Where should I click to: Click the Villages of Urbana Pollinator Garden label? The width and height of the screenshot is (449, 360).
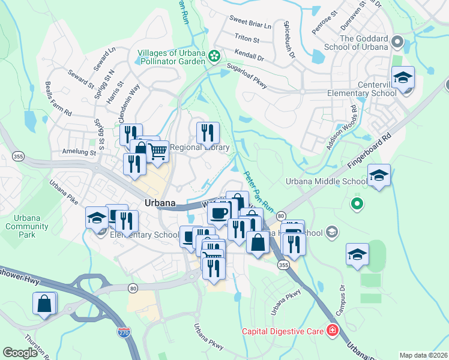tap(172, 57)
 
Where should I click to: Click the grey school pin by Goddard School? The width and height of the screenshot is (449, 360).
tap(397, 42)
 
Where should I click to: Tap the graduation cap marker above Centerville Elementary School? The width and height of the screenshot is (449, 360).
tap(403, 78)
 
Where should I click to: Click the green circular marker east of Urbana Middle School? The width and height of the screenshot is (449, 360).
tap(358, 205)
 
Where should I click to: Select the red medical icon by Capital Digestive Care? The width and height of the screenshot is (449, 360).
tap(331, 331)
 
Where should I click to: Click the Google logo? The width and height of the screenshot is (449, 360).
tap(20, 353)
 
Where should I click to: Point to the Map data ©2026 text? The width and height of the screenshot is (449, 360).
tap(423, 355)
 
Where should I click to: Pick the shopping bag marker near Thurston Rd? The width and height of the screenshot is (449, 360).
tap(45, 304)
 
